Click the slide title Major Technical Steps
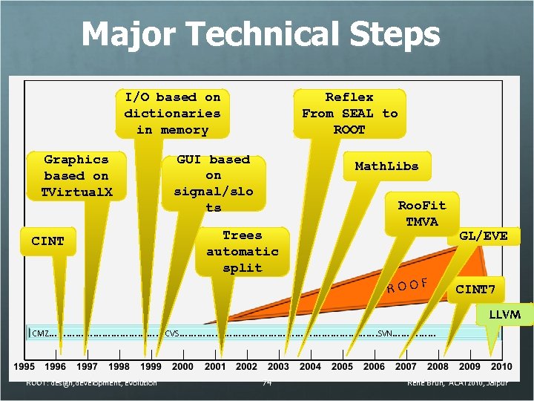(x=260, y=34)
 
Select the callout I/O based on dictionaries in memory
(x=172, y=114)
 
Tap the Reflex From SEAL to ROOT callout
(x=349, y=114)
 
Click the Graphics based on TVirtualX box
(x=76, y=176)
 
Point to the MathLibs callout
(x=386, y=166)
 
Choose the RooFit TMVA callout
(x=421, y=213)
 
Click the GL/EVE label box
(x=484, y=236)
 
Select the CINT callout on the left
(x=48, y=241)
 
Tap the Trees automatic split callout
(x=243, y=252)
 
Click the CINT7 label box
(x=475, y=289)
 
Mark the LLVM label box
(x=504, y=315)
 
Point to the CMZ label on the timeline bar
(x=40, y=333)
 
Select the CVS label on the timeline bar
(x=172, y=333)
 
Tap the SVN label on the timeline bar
(x=386, y=333)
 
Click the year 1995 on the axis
(x=24, y=366)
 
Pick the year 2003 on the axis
(x=278, y=366)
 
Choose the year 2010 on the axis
(x=501, y=366)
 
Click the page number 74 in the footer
(x=267, y=382)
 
